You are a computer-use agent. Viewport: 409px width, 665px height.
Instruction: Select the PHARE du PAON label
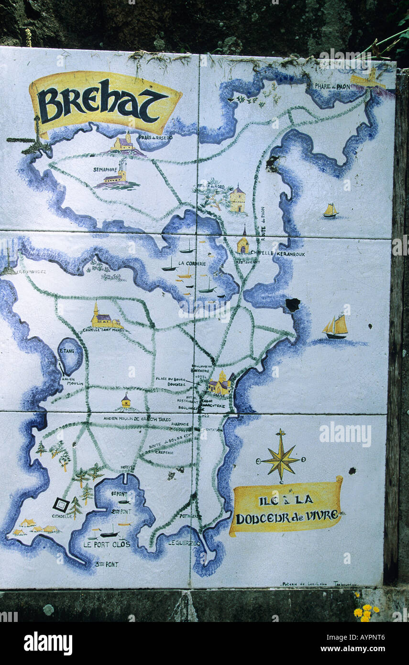coord(332,87)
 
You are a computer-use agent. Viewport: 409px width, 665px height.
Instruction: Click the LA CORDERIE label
coord(192,263)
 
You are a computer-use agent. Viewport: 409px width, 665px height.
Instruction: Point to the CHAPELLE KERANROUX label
coord(277,254)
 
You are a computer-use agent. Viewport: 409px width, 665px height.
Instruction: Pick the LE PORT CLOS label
coord(106,544)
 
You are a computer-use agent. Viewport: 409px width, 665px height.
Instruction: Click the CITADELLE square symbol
coord(60,504)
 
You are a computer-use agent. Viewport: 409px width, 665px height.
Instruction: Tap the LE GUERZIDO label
coord(185,543)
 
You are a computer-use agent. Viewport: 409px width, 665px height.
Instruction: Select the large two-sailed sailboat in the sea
coord(336,327)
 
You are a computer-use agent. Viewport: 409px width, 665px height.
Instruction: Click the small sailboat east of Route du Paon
coord(330,210)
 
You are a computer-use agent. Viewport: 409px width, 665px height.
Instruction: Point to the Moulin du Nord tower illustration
coord(237,199)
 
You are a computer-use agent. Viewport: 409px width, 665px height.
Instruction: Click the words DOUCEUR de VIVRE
coord(287,516)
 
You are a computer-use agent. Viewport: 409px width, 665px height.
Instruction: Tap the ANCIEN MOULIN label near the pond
coord(72,381)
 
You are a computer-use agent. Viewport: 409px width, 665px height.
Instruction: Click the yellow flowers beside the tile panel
coord(365,612)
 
